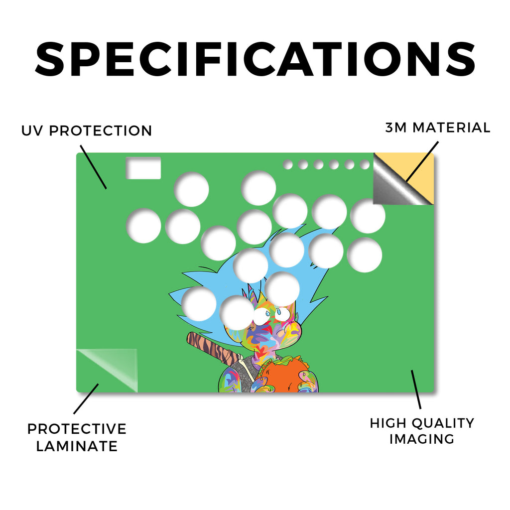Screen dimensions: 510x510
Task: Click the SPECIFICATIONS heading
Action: point(255,59)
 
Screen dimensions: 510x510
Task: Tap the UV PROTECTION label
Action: point(87,131)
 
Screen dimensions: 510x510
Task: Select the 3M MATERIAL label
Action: point(438,127)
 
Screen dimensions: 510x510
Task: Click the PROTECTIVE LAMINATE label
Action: point(77,437)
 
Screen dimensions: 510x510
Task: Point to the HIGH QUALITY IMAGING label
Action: point(422,431)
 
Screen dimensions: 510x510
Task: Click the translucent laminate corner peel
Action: point(108,369)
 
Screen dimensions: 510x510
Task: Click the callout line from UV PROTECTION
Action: point(93,167)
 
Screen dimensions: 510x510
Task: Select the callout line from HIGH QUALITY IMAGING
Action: point(416,389)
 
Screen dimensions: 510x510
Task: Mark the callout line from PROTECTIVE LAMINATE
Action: point(86,399)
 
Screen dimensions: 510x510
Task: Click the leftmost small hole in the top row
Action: point(288,164)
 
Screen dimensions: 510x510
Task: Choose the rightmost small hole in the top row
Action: point(365,164)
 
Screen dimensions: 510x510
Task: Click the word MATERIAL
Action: point(451,127)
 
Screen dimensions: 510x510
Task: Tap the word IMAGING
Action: point(422,439)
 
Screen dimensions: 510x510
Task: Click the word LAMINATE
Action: point(77,446)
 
